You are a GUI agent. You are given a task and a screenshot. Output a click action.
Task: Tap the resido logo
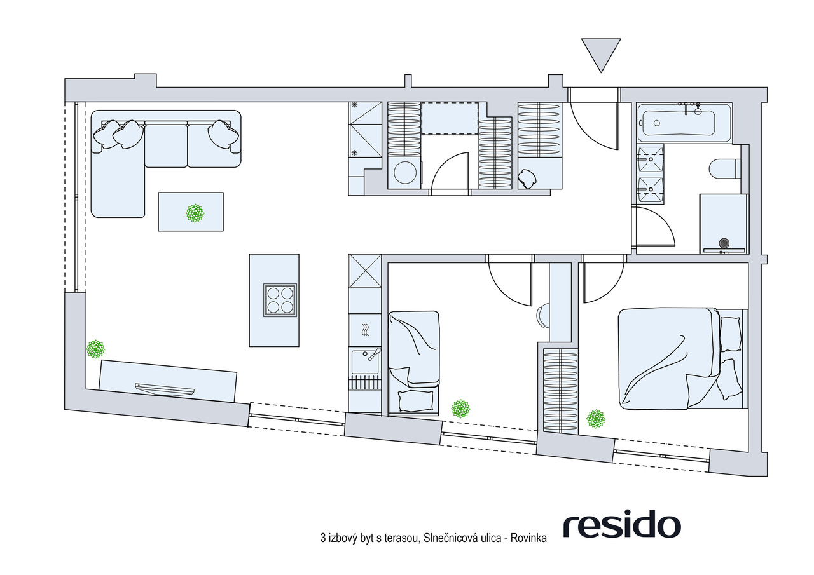(622, 524)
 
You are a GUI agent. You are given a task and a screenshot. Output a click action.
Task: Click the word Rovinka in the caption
(528, 538)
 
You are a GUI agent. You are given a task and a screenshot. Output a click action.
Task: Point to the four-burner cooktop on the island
(280, 300)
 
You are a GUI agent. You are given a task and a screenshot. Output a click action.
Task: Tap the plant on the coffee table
(195, 213)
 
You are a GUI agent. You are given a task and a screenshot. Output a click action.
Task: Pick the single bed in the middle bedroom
(413, 363)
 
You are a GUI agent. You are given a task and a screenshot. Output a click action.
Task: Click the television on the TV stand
(164, 389)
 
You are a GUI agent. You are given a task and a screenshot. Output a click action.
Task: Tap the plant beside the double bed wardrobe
(596, 419)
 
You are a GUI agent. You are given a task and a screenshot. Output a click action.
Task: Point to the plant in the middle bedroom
(460, 409)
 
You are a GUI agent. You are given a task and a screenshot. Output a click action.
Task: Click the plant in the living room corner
(95, 349)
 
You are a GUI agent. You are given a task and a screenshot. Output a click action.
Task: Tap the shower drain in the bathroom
(724, 243)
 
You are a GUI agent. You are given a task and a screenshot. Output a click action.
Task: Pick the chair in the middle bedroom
(542, 315)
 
